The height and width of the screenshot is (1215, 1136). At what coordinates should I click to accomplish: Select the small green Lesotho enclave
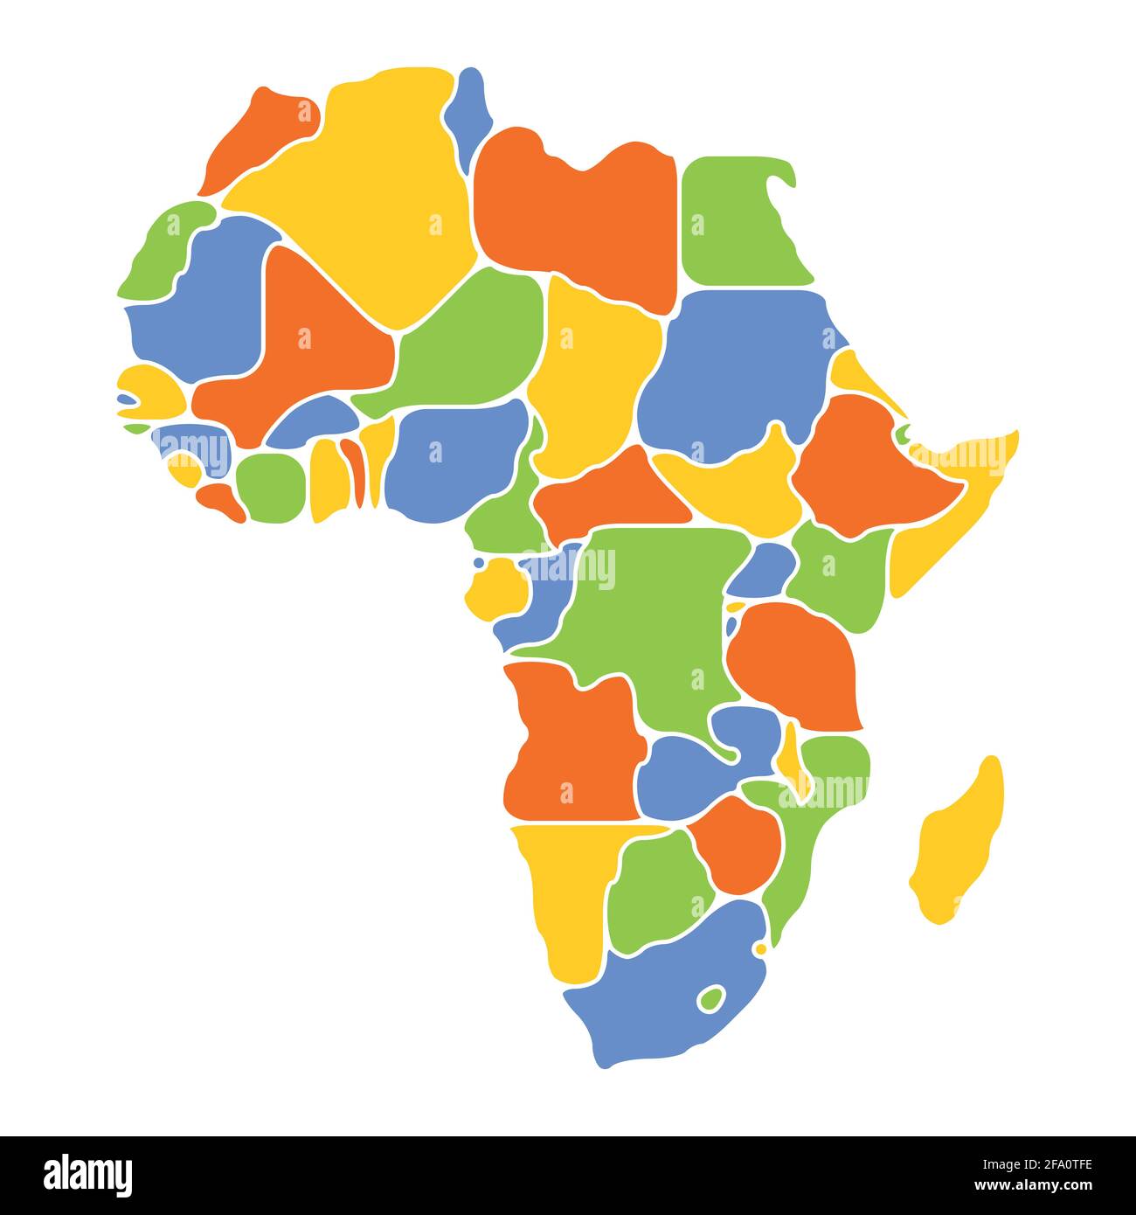tap(711, 997)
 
